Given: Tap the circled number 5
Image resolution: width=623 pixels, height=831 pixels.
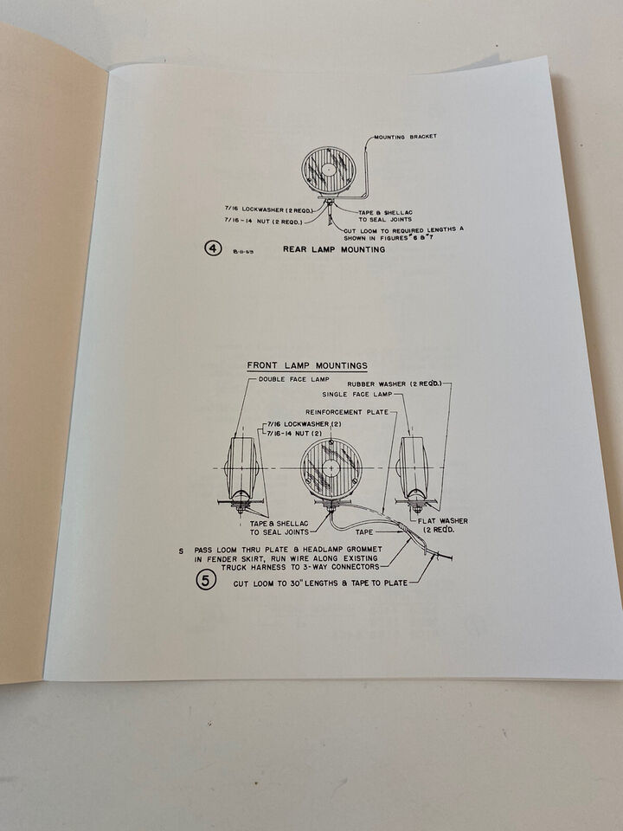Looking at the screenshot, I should [204, 580].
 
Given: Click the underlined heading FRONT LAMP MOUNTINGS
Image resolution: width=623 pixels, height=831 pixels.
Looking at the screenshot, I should [306, 365].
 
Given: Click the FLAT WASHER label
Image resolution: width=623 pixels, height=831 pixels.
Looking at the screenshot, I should [442, 521].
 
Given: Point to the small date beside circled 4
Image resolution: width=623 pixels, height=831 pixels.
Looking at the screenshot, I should [245, 252].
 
